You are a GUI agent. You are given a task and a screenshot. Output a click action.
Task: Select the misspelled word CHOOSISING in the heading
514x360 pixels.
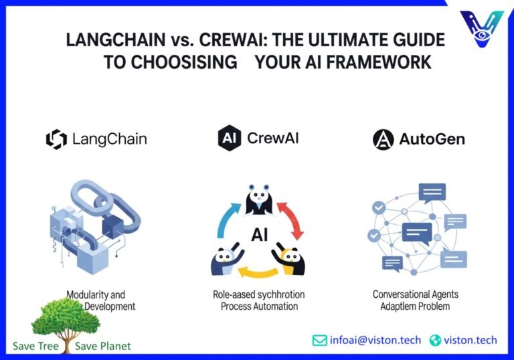click(x=185, y=62)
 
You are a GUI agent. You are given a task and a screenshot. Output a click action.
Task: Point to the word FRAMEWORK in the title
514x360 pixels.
click(x=382, y=62)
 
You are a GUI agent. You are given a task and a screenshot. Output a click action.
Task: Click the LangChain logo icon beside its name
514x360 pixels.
click(x=56, y=139)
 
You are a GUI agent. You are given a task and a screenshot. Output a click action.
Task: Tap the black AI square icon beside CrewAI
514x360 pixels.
click(x=230, y=139)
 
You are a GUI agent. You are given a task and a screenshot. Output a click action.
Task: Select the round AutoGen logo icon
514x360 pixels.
click(x=383, y=139)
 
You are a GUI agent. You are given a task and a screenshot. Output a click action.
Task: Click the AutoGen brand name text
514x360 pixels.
click(x=432, y=139)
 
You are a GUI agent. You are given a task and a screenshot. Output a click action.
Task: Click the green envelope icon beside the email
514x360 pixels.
click(x=319, y=341)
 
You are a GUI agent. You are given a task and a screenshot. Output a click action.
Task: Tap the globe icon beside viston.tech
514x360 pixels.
click(x=435, y=341)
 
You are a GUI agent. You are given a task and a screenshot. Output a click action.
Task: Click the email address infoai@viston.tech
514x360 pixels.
click(x=375, y=341)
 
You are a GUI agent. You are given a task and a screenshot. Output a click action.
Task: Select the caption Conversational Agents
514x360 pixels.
click(x=416, y=294)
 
